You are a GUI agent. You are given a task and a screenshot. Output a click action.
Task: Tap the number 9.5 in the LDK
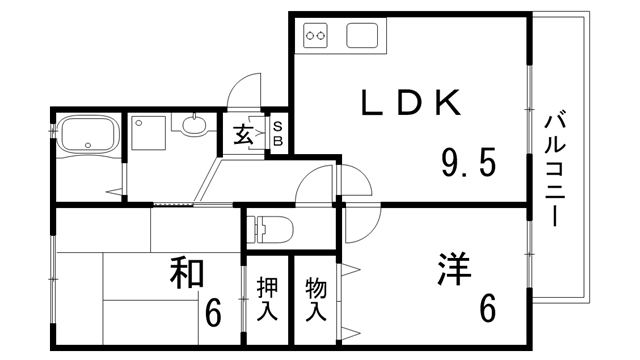(469, 161)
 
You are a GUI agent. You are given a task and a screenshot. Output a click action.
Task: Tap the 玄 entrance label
(244, 136)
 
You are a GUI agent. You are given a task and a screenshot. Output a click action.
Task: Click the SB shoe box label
(278, 134)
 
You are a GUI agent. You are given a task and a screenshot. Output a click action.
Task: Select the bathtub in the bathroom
(88, 136)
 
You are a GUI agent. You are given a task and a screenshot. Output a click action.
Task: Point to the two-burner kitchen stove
(316, 37)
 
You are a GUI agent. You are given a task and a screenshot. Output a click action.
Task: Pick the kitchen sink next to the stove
(362, 36)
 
